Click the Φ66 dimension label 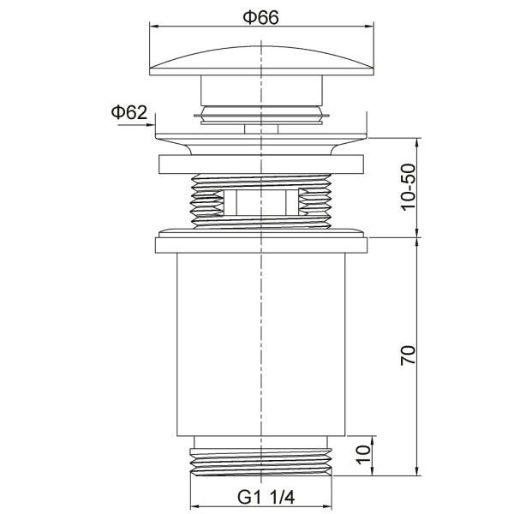pyautogui.click(x=260, y=17)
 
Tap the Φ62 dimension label pyautogui.click(x=128, y=112)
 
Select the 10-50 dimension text pyautogui.click(x=408, y=187)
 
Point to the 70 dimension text pyautogui.click(x=408, y=355)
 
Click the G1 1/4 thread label pyautogui.click(x=266, y=498)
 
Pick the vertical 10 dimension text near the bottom pyautogui.click(x=363, y=454)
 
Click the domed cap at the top pyautogui.click(x=261, y=61)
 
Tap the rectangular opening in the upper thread pyautogui.click(x=261, y=202)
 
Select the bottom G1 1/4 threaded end pyautogui.click(x=261, y=462)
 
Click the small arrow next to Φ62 pyautogui.click(x=136, y=124)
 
